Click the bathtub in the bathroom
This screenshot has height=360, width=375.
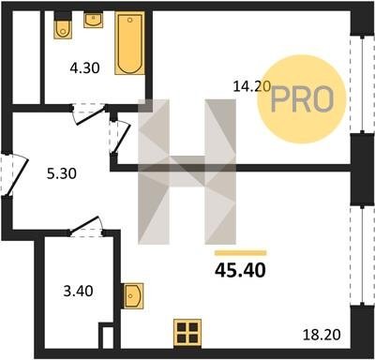(129, 43)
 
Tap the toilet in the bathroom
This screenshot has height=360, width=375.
(63, 25)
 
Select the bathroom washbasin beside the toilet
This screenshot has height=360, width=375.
(94, 20)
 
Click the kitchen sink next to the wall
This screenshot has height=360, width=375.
(133, 296)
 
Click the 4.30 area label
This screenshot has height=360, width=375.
(84, 67)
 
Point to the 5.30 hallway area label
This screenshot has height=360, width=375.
(62, 173)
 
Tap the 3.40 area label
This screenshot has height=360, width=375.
(78, 291)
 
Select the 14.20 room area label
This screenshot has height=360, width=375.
(252, 86)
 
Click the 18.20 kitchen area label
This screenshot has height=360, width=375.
(322, 335)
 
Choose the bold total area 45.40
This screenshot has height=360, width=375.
(240, 270)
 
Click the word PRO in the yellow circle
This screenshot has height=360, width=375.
(302, 99)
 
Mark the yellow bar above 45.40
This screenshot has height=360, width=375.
(240, 253)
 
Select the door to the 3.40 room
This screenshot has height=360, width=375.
(86, 226)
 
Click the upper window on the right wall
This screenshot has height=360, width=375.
(362, 84)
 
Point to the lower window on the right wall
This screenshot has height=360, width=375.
(362, 255)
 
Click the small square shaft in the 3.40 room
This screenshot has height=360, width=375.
(106, 336)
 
